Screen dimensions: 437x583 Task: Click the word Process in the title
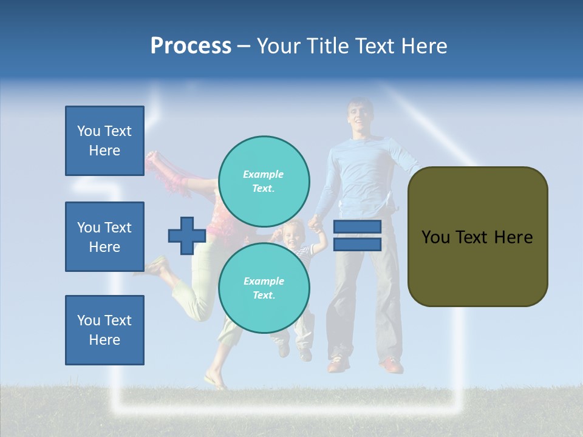click(191, 46)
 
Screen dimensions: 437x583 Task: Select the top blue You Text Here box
click(104, 141)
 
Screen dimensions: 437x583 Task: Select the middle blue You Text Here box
click(104, 237)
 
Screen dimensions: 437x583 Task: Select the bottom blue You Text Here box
click(104, 330)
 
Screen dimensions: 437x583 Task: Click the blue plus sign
click(186, 236)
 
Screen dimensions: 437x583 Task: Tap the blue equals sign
click(357, 235)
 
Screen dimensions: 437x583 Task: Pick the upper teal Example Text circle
click(264, 181)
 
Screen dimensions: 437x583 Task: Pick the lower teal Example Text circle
click(264, 288)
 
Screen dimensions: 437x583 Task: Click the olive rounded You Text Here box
click(477, 237)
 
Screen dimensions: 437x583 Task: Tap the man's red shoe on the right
click(392, 365)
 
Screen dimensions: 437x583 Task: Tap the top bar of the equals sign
click(357, 227)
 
